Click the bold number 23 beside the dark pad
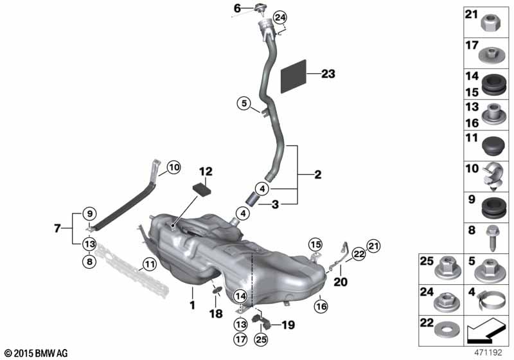coord(328,74)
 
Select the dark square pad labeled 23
coord(294,76)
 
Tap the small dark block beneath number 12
coord(201,190)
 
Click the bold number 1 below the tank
coord(192,305)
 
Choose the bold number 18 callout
coord(216,314)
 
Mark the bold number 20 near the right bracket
coord(341,282)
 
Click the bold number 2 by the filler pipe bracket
coord(317,174)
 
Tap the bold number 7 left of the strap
coord(57,228)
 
